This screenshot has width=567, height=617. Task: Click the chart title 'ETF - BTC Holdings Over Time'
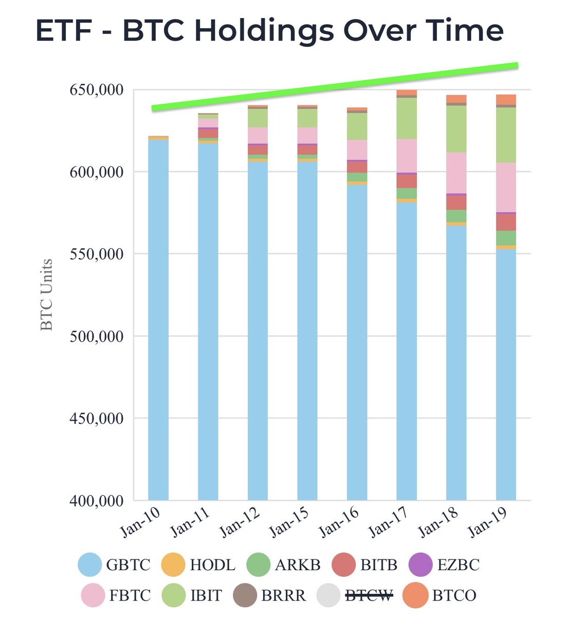(x=269, y=30)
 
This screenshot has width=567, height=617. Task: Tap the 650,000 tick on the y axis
(x=96, y=90)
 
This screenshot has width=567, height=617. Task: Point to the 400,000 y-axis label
(x=96, y=500)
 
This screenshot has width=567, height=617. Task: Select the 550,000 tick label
(x=96, y=254)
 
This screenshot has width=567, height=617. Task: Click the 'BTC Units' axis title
(x=47, y=295)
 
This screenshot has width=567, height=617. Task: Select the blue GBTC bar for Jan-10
(x=158, y=319)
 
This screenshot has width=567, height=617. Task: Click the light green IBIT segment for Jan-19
(x=506, y=135)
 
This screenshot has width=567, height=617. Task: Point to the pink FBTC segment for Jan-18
(x=456, y=173)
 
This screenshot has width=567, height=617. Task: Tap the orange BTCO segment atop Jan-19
(x=506, y=99)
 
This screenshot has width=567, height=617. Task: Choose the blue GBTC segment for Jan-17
(x=407, y=350)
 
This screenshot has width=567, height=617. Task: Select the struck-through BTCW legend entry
(x=369, y=595)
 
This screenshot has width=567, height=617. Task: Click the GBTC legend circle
(x=90, y=565)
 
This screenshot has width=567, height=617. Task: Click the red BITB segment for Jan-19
(x=506, y=222)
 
